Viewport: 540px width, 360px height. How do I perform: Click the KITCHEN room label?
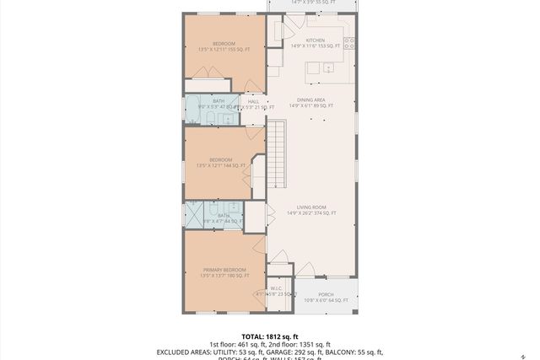pyautogui.click(x=316, y=40)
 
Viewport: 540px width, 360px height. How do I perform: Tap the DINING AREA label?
pyautogui.click(x=311, y=99)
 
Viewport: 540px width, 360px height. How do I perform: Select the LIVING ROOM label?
pyautogui.click(x=311, y=207)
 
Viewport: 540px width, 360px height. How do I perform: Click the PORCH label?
pyautogui.click(x=326, y=294)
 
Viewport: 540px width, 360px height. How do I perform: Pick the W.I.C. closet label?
pyautogui.click(x=275, y=288)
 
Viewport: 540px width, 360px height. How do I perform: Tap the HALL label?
pyautogui.click(x=253, y=101)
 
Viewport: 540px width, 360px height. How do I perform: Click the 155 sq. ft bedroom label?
pyautogui.click(x=224, y=44)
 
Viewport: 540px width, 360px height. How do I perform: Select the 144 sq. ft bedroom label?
pyautogui.click(x=219, y=159)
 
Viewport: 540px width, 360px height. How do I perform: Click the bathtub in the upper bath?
pyautogui.click(x=192, y=110)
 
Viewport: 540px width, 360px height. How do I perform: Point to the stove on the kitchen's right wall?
pyautogui.click(x=349, y=43)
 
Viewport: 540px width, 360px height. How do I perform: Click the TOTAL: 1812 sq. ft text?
pyautogui.click(x=269, y=336)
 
